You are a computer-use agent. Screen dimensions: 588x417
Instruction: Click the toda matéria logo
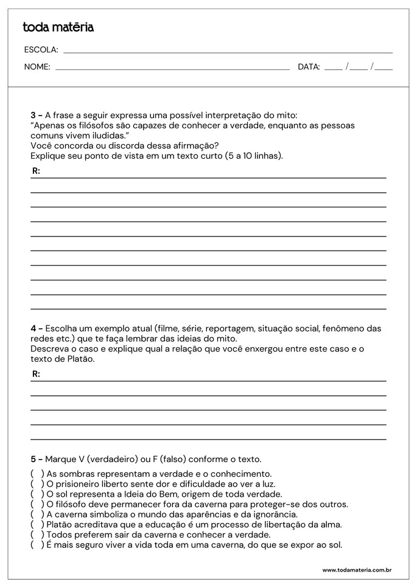coord(58,27)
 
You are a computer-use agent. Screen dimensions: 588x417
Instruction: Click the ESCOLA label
coord(41,50)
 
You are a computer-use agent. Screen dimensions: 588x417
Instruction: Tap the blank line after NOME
coord(172,67)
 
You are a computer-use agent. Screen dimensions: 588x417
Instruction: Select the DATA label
coord(309,67)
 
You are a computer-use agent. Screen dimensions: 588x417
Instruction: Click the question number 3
coord(33,115)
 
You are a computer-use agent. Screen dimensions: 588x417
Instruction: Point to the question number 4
coord(33,328)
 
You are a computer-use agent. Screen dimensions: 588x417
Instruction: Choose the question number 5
coord(33,459)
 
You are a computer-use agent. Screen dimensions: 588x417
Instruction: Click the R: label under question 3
coord(36,171)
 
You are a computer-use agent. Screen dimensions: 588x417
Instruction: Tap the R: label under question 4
coord(36,374)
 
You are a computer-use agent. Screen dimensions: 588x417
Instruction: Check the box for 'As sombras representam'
coord(37,474)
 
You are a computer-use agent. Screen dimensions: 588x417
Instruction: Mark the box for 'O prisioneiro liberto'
coord(37,484)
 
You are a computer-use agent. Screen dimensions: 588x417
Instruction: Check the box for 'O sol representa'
coord(37,494)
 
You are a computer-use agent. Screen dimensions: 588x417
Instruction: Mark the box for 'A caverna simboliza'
coord(37,514)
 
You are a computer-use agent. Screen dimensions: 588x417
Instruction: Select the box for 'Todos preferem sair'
coord(37,534)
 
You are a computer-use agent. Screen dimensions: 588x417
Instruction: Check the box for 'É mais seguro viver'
coord(37,545)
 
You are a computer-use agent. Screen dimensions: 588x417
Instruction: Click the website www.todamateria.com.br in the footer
coord(356,570)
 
